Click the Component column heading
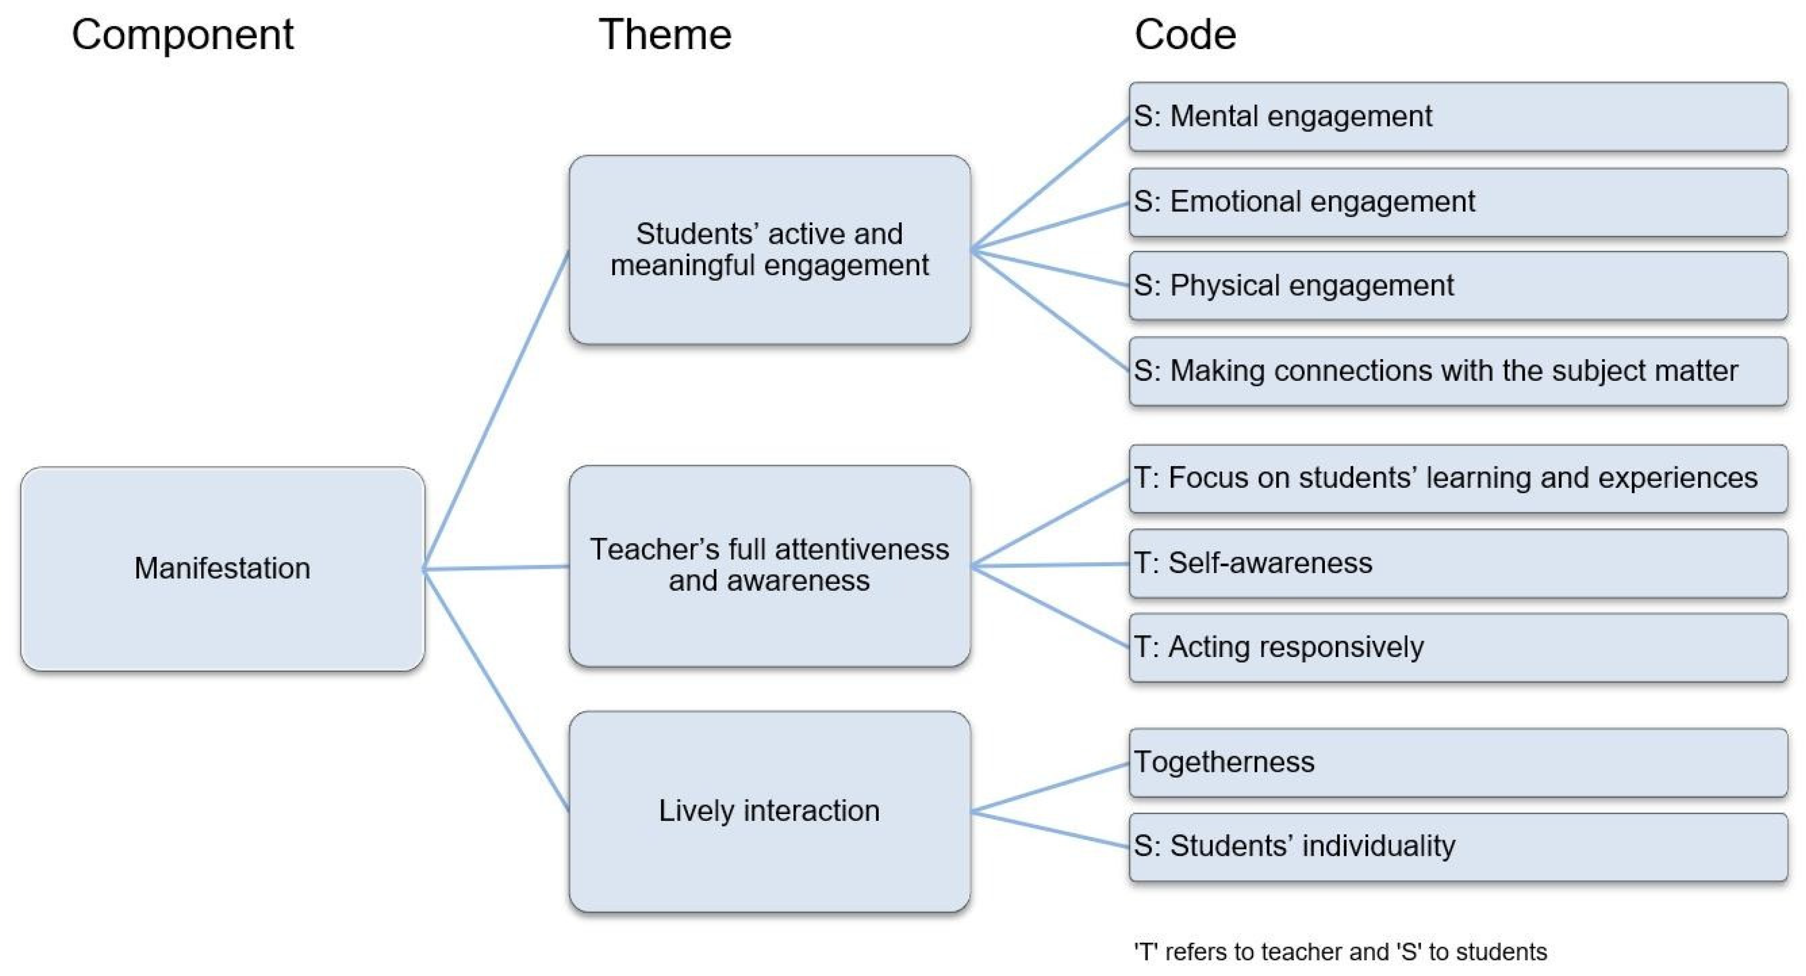click(x=182, y=34)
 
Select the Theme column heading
click(x=665, y=34)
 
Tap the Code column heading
click(x=1185, y=34)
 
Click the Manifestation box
click(x=222, y=568)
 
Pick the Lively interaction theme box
click(x=769, y=811)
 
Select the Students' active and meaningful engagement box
click(x=769, y=249)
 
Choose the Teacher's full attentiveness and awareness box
click(x=769, y=565)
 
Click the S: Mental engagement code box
click(x=1457, y=116)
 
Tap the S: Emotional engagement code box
click(x=1457, y=202)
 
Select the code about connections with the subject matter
click(x=1457, y=370)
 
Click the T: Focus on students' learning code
click(x=1457, y=478)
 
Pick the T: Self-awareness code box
click(x=1457, y=563)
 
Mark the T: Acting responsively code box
click(x=1457, y=647)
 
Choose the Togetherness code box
click(x=1457, y=763)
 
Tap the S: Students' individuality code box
click(x=1457, y=846)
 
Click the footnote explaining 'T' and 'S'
click(x=1340, y=951)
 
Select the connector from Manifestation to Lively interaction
click(x=496, y=690)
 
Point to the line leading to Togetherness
click(x=1050, y=788)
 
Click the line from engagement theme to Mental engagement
click(x=1050, y=184)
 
